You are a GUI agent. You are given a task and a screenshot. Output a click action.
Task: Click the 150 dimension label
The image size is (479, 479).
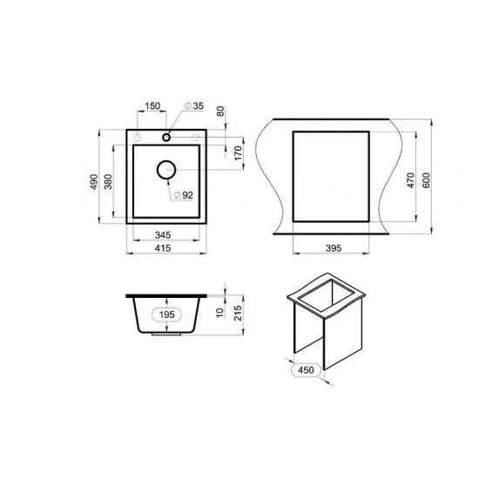pyautogui.click(x=152, y=105)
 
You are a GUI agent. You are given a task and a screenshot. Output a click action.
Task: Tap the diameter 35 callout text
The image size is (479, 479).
pyautogui.click(x=194, y=106)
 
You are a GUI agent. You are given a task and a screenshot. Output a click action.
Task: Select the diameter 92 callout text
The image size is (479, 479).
pyautogui.click(x=183, y=195)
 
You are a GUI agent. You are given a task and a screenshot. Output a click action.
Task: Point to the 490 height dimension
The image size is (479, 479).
pyautogui.click(x=94, y=182)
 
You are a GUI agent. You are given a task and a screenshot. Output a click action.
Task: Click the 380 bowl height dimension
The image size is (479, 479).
pyautogui.click(x=109, y=182)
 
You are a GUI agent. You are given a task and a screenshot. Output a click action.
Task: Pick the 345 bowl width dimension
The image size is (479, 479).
pyautogui.click(x=163, y=235)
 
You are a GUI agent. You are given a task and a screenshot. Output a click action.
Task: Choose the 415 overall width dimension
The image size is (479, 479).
pyautogui.click(x=163, y=248)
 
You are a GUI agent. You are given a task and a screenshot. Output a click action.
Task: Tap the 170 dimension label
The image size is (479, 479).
pyautogui.click(x=239, y=152)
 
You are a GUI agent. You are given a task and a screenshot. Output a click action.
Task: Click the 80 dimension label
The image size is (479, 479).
pyautogui.click(x=220, y=111)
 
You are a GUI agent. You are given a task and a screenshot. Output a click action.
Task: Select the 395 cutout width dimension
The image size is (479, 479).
pyautogui.click(x=334, y=248)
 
